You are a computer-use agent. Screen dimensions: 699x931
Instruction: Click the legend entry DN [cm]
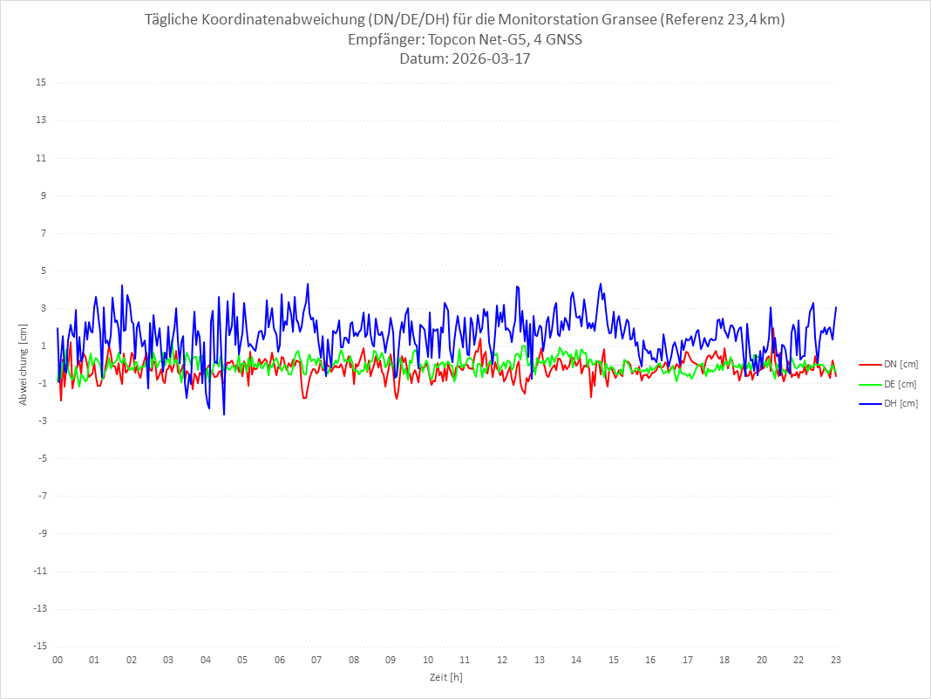click(900, 364)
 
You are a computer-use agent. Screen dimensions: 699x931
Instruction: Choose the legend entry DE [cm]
click(900, 384)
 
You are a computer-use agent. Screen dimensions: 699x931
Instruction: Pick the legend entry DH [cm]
click(900, 403)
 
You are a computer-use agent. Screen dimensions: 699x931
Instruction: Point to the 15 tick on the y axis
click(41, 83)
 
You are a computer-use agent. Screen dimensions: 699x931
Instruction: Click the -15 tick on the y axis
click(39, 647)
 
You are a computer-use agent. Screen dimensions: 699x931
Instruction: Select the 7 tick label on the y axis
click(43, 233)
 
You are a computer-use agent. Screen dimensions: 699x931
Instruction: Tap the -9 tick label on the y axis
click(41, 533)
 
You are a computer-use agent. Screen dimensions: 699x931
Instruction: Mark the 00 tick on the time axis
click(58, 660)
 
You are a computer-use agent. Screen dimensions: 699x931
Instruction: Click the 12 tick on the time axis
click(502, 660)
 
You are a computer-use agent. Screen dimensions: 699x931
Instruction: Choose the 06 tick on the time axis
click(280, 660)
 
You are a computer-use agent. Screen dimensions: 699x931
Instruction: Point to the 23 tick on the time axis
click(836, 660)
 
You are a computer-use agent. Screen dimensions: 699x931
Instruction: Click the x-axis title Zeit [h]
click(446, 676)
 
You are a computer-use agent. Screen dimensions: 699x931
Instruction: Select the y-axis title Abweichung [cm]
click(24, 365)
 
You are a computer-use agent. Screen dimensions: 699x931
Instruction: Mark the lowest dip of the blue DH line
click(224, 415)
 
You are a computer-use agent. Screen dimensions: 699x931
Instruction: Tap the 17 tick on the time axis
click(688, 660)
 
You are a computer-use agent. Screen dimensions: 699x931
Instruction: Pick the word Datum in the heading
click(420, 59)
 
